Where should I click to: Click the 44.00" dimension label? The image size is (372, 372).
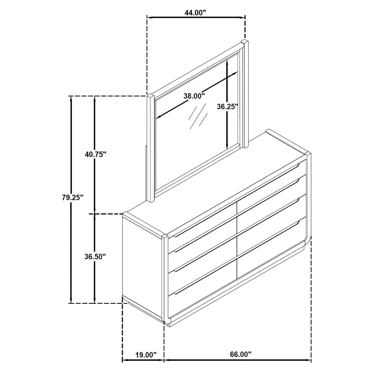(195, 13)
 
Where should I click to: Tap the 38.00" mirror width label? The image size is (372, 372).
(194, 96)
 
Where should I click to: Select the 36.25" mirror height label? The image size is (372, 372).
(227, 107)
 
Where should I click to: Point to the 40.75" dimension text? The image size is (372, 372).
(95, 154)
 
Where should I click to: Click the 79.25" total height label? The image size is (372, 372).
(72, 197)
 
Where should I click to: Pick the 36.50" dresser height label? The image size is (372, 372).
(95, 256)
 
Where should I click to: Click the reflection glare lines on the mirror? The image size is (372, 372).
(197, 116)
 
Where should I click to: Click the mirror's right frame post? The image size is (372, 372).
(245, 92)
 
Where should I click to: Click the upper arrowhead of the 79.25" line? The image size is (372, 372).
(71, 99)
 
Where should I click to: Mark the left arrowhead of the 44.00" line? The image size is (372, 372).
(150, 17)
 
